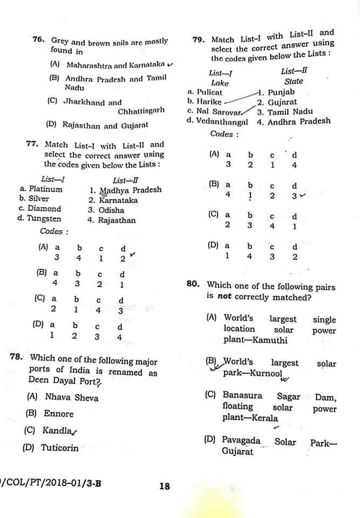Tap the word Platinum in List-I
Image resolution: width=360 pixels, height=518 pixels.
tap(45, 189)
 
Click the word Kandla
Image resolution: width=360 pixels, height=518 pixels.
tap(57, 431)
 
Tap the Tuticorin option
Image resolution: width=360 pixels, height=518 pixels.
tap(59, 448)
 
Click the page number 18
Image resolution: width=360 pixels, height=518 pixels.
tap(165, 486)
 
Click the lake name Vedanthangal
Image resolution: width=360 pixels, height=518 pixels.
tap(221, 121)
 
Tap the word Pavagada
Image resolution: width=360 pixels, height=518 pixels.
tap(241, 440)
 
